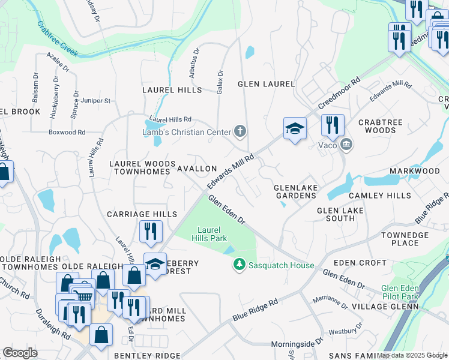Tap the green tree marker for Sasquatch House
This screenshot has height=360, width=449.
240,265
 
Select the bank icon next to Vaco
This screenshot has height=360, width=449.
346,144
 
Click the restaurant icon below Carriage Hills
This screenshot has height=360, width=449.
150,231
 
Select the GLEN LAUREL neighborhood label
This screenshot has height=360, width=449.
267,84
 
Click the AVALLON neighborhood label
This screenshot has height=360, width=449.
196,169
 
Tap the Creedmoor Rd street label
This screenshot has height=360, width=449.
339,94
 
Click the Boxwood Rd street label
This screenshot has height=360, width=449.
67,132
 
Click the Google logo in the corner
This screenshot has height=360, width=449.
20,353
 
